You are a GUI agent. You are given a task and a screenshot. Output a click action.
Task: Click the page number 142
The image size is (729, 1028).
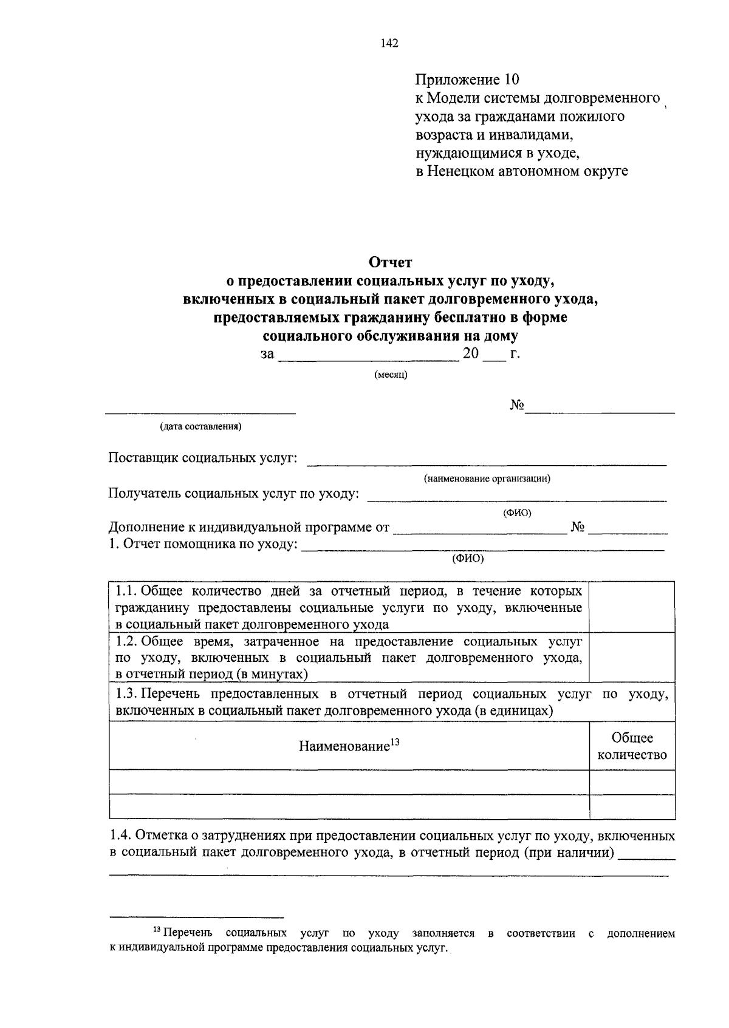click(x=389, y=43)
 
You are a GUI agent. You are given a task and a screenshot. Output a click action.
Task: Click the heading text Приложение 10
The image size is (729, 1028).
click(x=468, y=80)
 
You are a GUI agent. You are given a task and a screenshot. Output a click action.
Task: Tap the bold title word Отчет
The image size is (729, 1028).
click(x=391, y=262)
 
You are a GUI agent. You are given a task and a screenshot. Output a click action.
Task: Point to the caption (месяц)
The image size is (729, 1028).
click(x=391, y=375)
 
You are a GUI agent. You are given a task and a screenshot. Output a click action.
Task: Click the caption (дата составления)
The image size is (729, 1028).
click(x=200, y=426)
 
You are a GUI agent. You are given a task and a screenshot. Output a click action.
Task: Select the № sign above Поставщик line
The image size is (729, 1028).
click(x=517, y=406)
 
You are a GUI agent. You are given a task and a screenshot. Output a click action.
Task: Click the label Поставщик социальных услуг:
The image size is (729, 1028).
click(x=202, y=457)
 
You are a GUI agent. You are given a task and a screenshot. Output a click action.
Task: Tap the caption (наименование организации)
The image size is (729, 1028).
click(x=487, y=478)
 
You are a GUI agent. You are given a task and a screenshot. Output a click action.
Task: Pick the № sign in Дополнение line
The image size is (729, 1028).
click(x=578, y=527)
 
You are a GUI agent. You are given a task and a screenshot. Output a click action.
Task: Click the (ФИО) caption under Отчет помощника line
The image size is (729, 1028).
click(x=467, y=559)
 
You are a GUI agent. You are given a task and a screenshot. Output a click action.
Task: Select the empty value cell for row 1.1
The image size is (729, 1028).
click(x=632, y=607)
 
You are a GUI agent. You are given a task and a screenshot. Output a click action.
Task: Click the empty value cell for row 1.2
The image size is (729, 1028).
click(x=632, y=658)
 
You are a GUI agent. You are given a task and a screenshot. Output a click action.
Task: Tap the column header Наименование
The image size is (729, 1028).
click(x=344, y=746)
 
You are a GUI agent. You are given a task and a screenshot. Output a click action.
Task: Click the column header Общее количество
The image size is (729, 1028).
click(x=632, y=746)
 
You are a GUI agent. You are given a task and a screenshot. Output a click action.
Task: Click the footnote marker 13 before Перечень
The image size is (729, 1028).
click(x=157, y=930)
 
